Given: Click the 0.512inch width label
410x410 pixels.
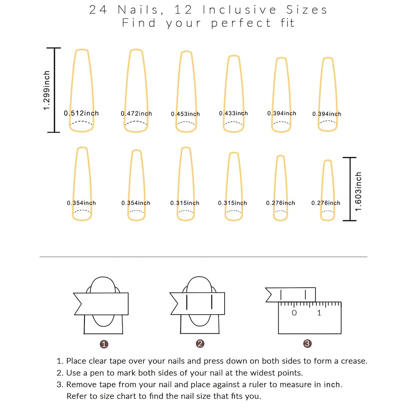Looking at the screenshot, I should pyautogui.click(x=81, y=113).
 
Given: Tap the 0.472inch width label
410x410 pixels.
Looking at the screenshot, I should pyautogui.click(x=137, y=114).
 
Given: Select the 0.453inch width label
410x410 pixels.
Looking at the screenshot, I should pyautogui.click(x=185, y=114).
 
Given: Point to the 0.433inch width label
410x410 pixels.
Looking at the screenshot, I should pyautogui.click(x=233, y=113).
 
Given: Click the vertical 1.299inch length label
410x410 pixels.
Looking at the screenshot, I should pyautogui.click(x=47, y=90).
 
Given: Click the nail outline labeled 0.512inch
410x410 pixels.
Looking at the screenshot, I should pyautogui.click(x=82, y=80).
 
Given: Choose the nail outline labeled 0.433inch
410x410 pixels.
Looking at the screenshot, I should pyautogui.click(x=234, y=84).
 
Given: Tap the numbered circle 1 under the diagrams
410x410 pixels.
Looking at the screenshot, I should pyautogui.click(x=104, y=344).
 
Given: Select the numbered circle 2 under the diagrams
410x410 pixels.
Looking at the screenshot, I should pyautogui.click(x=200, y=344).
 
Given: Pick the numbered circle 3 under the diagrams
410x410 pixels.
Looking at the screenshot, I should pyautogui.click(x=307, y=344).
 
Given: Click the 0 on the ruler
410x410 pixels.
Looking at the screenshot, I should pyautogui.click(x=294, y=313).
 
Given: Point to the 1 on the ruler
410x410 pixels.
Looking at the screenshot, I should pyautogui.click(x=319, y=313).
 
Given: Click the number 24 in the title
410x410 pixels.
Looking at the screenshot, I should pyautogui.click(x=98, y=10).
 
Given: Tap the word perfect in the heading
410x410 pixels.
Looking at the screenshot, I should pyautogui.click(x=241, y=23).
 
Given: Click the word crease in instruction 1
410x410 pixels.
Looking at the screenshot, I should pyautogui.click(x=353, y=361).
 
